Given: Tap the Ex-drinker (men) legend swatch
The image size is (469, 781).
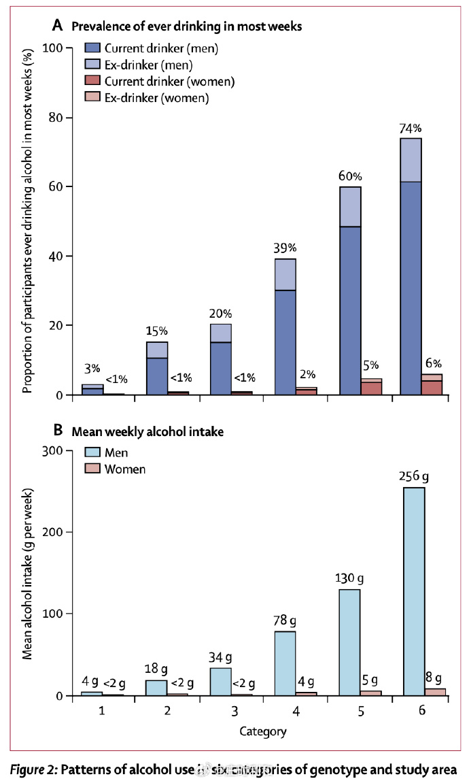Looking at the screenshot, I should [94, 65].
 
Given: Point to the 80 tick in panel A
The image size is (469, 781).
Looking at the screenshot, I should [60, 118].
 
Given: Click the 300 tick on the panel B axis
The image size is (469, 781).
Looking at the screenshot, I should [56, 450].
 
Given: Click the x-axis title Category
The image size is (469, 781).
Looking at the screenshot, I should [262, 731].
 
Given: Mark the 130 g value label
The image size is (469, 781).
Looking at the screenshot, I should [349, 578].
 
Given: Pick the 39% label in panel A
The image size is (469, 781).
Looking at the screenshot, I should [285, 248].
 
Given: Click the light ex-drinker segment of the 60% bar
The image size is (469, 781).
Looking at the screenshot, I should [350, 206].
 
